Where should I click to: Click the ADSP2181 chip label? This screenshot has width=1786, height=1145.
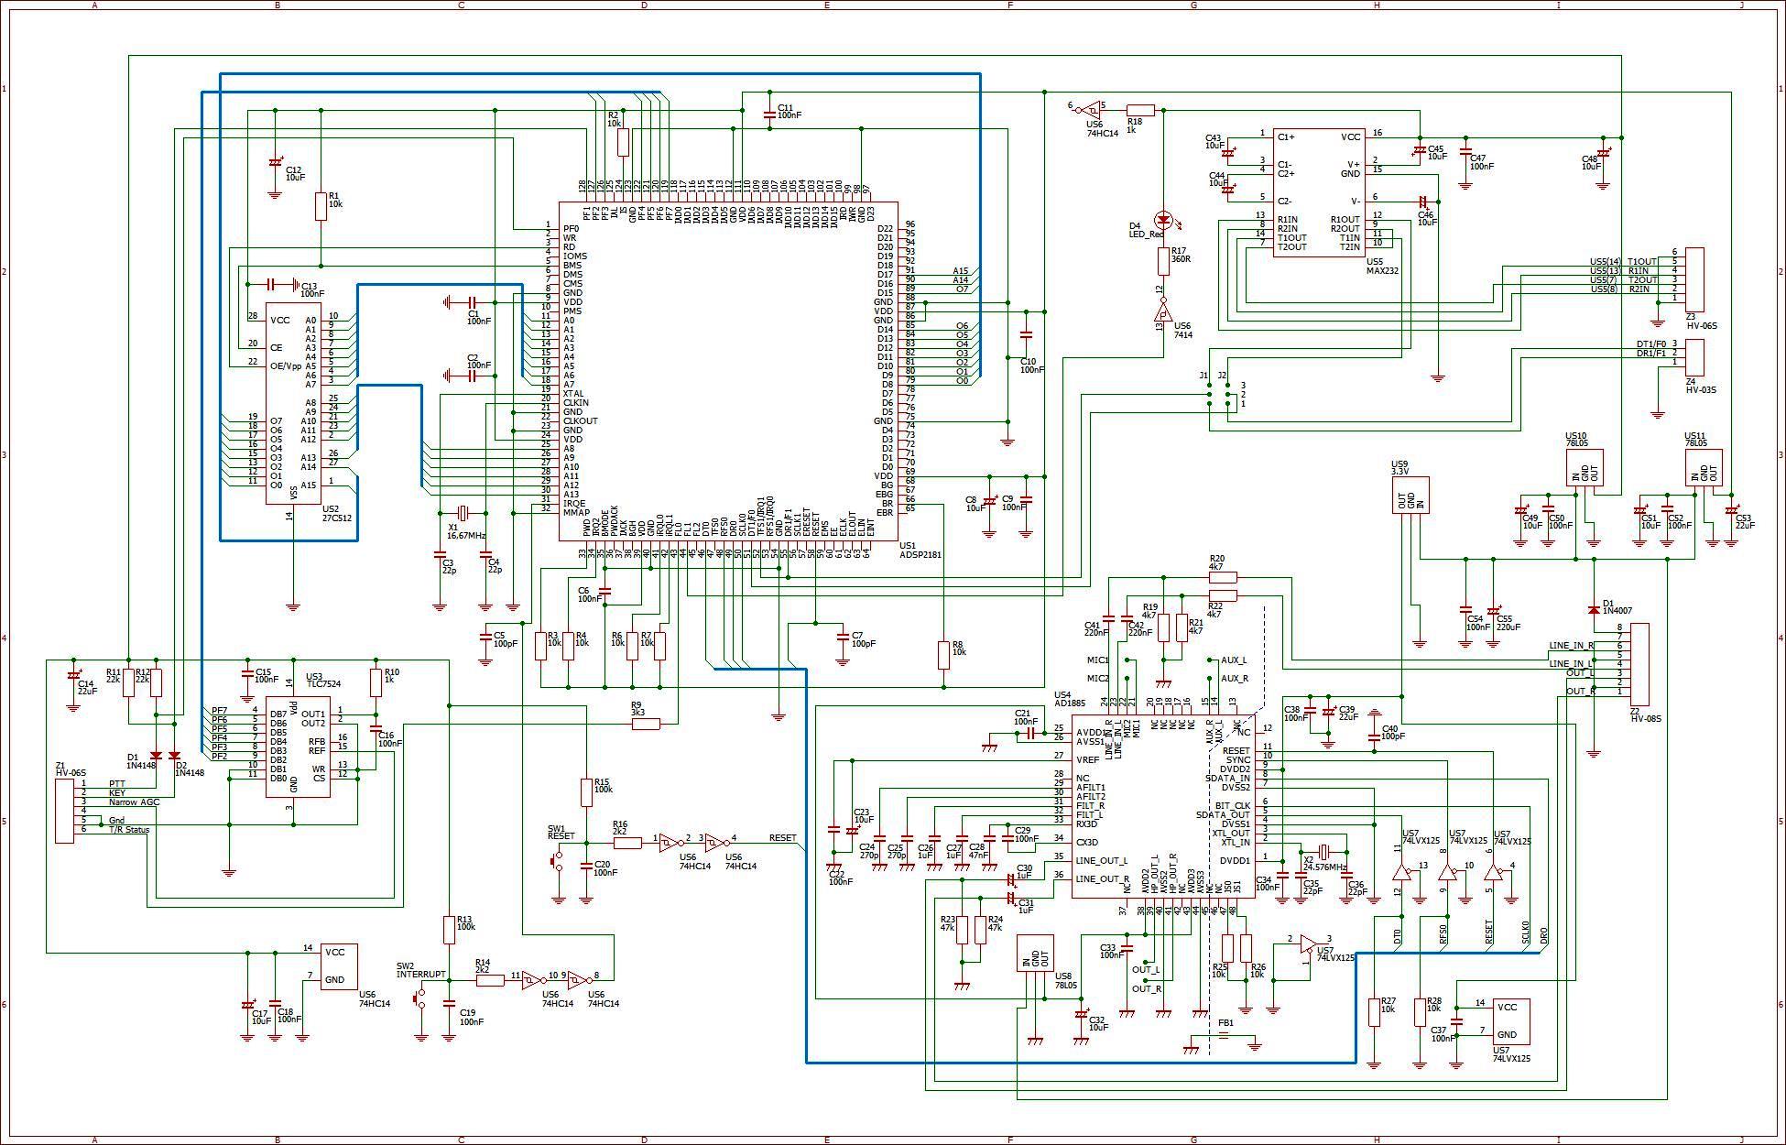921,555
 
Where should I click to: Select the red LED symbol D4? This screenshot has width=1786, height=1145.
1164,220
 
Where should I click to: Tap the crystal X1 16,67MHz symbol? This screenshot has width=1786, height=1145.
462,512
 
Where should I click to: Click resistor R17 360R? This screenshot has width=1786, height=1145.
1164,261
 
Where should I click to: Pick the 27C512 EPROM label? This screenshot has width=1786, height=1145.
337,518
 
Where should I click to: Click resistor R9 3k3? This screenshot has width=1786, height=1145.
646,724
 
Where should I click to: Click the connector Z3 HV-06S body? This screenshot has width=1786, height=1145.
1694,278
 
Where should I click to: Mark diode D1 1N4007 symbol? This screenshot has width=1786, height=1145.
1594,609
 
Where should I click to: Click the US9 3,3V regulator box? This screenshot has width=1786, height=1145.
1410,495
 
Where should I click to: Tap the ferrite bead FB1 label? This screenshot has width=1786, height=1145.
1225,1022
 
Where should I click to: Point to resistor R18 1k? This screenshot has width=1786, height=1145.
1140,109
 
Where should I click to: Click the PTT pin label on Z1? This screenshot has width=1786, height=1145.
116,783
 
